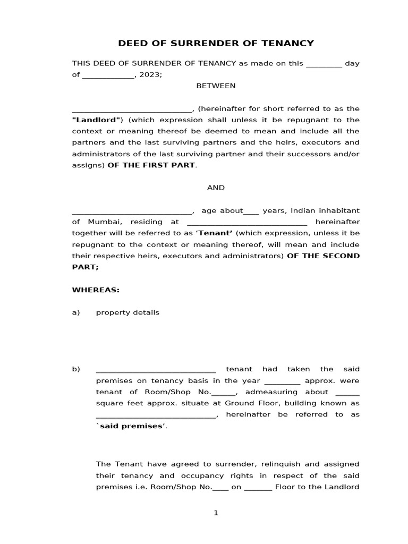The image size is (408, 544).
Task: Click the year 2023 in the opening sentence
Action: [x=149, y=75]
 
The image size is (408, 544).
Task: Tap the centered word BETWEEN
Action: [x=216, y=86]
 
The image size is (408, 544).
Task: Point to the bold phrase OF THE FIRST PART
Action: [x=151, y=165]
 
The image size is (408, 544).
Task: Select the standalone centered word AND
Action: [x=216, y=188]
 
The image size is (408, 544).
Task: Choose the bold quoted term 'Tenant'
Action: [x=215, y=233]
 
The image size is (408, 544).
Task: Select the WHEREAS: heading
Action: [x=96, y=290]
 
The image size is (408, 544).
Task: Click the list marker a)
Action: [x=76, y=312]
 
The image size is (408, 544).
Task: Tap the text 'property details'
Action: [x=127, y=312]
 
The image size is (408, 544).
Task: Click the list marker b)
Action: [x=76, y=369]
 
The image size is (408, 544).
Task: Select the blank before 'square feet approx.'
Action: [x=348, y=393]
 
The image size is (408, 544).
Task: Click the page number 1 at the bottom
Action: [x=216, y=513]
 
